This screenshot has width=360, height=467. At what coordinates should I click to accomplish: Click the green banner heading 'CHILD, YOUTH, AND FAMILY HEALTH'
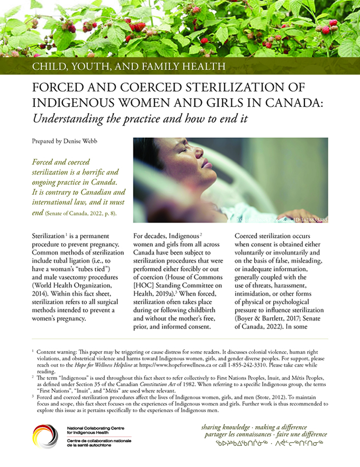pos(129,67)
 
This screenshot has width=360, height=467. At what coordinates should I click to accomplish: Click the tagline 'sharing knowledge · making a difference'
pos(254,427)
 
